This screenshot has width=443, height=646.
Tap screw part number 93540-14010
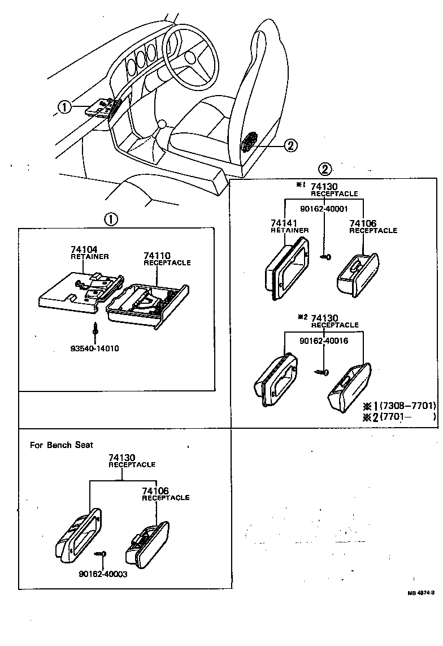(95, 348)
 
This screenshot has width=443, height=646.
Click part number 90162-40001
(324, 209)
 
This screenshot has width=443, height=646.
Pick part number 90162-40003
(103, 573)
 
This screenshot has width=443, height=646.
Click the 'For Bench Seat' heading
(62, 445)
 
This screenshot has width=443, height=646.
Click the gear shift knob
(163, 123)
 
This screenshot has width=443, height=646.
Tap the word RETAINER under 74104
(89, 256)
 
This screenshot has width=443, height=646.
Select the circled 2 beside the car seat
(290, 146)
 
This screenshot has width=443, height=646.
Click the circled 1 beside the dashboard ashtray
(65, 106)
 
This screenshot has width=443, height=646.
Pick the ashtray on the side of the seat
(249, 141)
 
